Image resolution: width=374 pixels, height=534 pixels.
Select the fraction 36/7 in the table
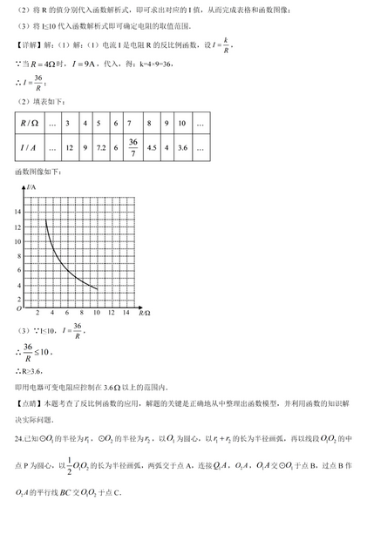(133, 149)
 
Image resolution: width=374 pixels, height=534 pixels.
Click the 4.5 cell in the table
(153, 148)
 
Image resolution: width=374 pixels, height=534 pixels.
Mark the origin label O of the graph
(18, 309)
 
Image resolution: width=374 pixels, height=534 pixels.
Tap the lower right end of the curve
(97, 288)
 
